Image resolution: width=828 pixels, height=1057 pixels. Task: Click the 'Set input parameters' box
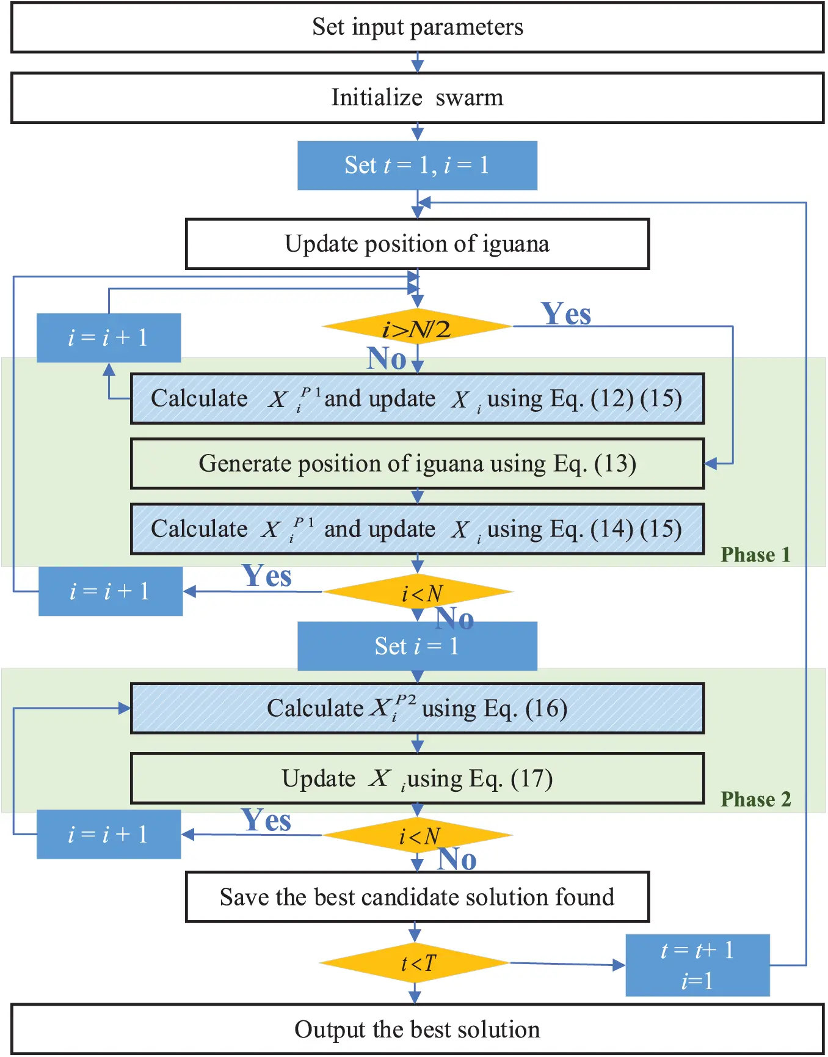click(x=417, y=27)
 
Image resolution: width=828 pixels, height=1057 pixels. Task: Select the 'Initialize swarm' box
click(x=417, y=98)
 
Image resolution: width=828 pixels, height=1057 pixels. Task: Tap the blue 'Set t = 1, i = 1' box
click(x=417, y=166)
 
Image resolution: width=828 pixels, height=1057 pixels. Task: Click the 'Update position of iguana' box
click(x=417, y=244)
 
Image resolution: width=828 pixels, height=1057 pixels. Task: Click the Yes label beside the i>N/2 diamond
click(x=566, y=314)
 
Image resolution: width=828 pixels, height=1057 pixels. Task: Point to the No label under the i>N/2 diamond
click(x=386, y=359)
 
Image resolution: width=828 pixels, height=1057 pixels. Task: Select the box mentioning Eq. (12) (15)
click(x=417, y=399)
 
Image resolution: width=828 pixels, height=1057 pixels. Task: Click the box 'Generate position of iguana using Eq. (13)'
click(x=417, y=464)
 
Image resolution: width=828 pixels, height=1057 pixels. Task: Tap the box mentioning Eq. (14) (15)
click(x=417, y=529)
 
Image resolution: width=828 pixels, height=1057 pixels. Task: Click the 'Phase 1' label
click(x=755, y=555)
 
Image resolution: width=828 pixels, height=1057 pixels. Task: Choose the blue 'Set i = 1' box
click(x=417, y=646)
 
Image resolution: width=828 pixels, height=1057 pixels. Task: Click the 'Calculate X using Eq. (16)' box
click(x=417, y=709)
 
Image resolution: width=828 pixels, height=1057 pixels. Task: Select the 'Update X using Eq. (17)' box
click(x=417, y=779)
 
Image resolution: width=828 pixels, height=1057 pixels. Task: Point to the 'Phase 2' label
click(x=755, y=799)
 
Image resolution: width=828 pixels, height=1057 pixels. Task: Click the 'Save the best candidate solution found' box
click(x=417, y=898)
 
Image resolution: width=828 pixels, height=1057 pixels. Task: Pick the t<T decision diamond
click(x=415, y=964)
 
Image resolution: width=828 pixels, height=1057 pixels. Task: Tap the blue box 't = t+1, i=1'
click(x=697, y=965)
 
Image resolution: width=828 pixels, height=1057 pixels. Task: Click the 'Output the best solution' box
click(x=417, y=1030)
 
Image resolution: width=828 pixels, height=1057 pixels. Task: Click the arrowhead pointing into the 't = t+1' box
click(x=619, y=965)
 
